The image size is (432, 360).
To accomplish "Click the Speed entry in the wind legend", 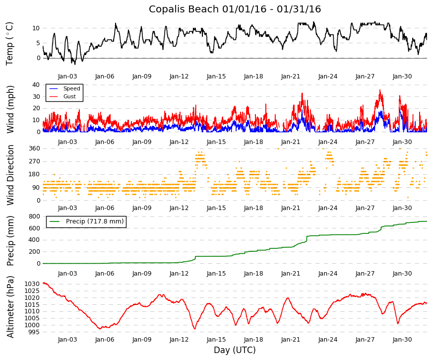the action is pos(71,88).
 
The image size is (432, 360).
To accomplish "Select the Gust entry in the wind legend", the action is pos(69,96).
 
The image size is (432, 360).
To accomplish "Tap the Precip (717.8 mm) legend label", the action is pos(95,221).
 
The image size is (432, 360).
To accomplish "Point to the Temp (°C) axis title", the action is pos(9,44).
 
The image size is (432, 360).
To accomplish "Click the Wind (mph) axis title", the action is pos(10,110).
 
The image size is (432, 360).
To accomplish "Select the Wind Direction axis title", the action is pos(10,175).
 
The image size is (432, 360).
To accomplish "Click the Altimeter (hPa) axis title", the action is pos(10,307).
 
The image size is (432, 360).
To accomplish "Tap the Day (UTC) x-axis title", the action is pos(235,350).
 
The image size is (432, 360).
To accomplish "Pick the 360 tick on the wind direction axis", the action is pos(35,148).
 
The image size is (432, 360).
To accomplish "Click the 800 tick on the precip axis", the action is pos(35,216).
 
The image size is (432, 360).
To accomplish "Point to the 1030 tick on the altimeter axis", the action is pos(32,284).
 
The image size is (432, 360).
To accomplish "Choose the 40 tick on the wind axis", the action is pos(36,85).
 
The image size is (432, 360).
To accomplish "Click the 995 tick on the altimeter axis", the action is pos(34,332).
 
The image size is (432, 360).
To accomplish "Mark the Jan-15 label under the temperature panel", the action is pos(216,76).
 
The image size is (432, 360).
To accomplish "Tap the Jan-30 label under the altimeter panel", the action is pos(402,340).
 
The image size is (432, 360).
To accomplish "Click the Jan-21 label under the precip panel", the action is pos(291,274).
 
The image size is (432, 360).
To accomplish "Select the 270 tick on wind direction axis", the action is pos(35,161).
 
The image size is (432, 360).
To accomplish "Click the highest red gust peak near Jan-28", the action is pos(380,90).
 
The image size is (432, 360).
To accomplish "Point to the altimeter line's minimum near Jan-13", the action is pos(195,329).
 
